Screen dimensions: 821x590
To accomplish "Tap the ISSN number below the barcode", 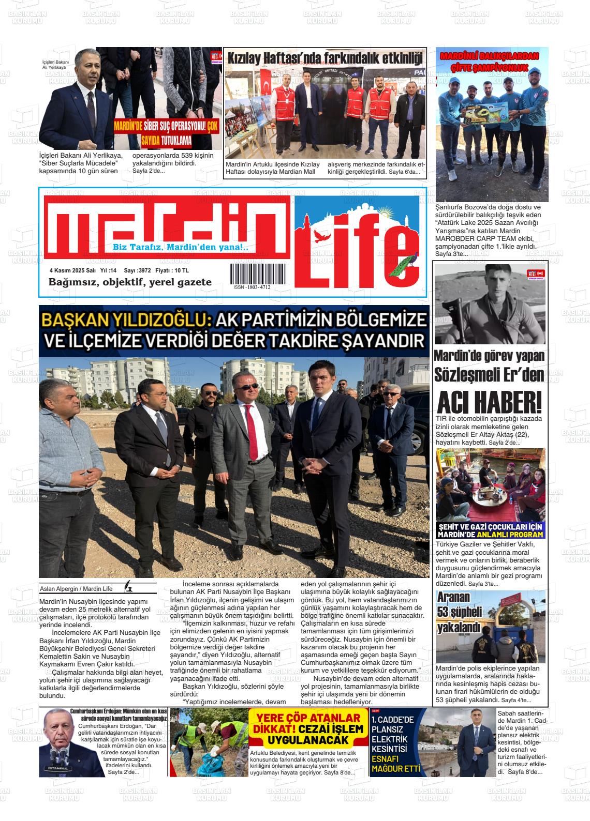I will [x=252, y=287].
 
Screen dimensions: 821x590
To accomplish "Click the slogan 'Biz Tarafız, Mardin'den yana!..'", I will [x=181, y=248].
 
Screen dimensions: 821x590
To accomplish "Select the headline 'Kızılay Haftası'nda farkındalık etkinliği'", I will [x=326, y=57].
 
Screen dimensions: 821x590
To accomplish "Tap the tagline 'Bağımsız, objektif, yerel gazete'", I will [x=130, y=282].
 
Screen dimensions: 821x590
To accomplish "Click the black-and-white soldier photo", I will [x=489, y=303].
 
